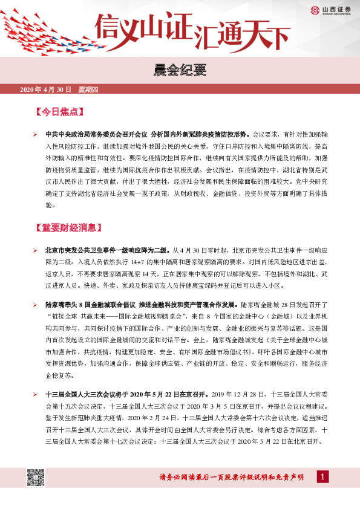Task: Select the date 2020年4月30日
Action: [46, 90]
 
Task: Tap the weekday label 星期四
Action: [88, 90]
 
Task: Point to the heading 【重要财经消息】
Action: [69, 228]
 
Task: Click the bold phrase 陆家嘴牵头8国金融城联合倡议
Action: [91, 305]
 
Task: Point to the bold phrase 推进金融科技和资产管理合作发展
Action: [190, 305]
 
